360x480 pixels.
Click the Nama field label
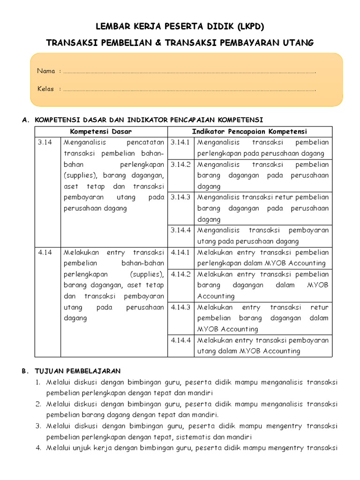pyautogui.click(x=46, y=71)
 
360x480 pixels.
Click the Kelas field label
pyautogui.click(x=45, y=89)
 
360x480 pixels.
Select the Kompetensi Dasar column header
pyautogui.click(x=101, y=131)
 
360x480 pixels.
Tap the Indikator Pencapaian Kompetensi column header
pyautogui.click(x=249, y=131)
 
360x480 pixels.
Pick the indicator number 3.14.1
pyautogui.click(x=180, y=142)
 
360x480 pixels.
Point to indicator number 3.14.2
pyautogui.click(x=180, y=165)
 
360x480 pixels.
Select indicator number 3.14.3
pyautogui.click(x=180, y=197)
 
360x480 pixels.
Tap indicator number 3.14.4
pyautogui.click(x=180, y=230)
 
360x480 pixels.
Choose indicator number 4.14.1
pyautogui.click(x=180, y=252)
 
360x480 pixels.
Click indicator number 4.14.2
pyautogui.click(x=180, y=274)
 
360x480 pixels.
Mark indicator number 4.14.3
pyautogui.click(x=180, y=307)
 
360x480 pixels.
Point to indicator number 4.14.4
pyautogui.click(x=180, y=340)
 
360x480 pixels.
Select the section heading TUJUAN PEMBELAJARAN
pyautogui.click(x=78, y=371)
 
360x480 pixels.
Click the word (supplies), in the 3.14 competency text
pyautogui.click(x=79, y=175)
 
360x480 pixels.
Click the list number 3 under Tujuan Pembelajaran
pyautogui.click(x=38, y=426)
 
